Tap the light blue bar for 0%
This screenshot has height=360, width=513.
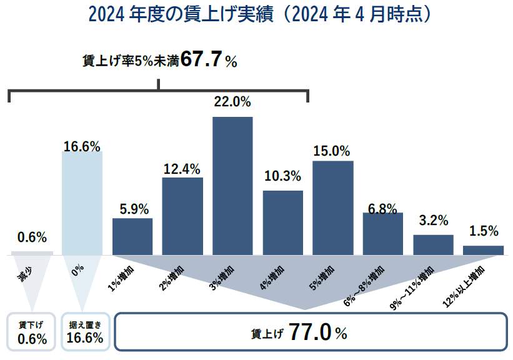[x=82, y=203]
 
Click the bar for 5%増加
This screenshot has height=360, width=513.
[x=332, y=207]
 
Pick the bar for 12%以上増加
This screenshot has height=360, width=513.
[x=483, y=250]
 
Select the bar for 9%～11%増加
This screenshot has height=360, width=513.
[x=433, y=244]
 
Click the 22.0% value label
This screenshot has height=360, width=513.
[x=232, y=102]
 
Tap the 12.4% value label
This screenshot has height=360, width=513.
[x=182, y=168]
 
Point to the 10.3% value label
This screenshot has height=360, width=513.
[x=282, y=176]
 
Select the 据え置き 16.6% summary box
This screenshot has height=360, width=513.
[x=86, y=332]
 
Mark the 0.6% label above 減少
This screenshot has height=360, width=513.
[x=32, y=237]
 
